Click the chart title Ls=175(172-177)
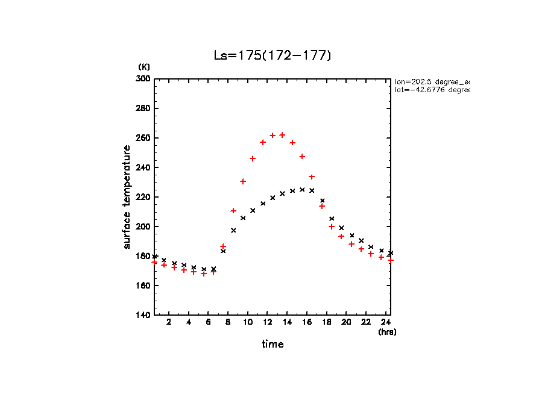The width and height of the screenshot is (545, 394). click(272, 55)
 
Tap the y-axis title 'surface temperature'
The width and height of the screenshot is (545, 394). click(127, 197)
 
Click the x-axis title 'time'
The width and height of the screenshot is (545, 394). click(272, 345)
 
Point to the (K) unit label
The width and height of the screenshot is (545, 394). click(144, 66)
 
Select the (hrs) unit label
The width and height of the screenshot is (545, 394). click(387, 332)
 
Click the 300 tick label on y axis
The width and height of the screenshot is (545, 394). click(143, 79)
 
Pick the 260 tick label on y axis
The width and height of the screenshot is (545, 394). click(143, 138)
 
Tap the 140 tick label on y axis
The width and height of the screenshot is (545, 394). click(143, 315)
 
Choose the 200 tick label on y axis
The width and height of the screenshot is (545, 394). click(143, 227)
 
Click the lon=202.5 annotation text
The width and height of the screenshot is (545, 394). click(432, 81)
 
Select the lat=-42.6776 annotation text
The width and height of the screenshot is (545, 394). click(432, 90)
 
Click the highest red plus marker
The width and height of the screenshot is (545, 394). click(282, 135)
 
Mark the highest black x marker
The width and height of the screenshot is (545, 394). click(302, 189)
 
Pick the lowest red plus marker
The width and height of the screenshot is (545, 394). click(204, 274)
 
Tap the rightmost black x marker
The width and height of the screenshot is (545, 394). click(391, 253)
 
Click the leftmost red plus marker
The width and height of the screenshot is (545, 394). click(154, 262)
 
